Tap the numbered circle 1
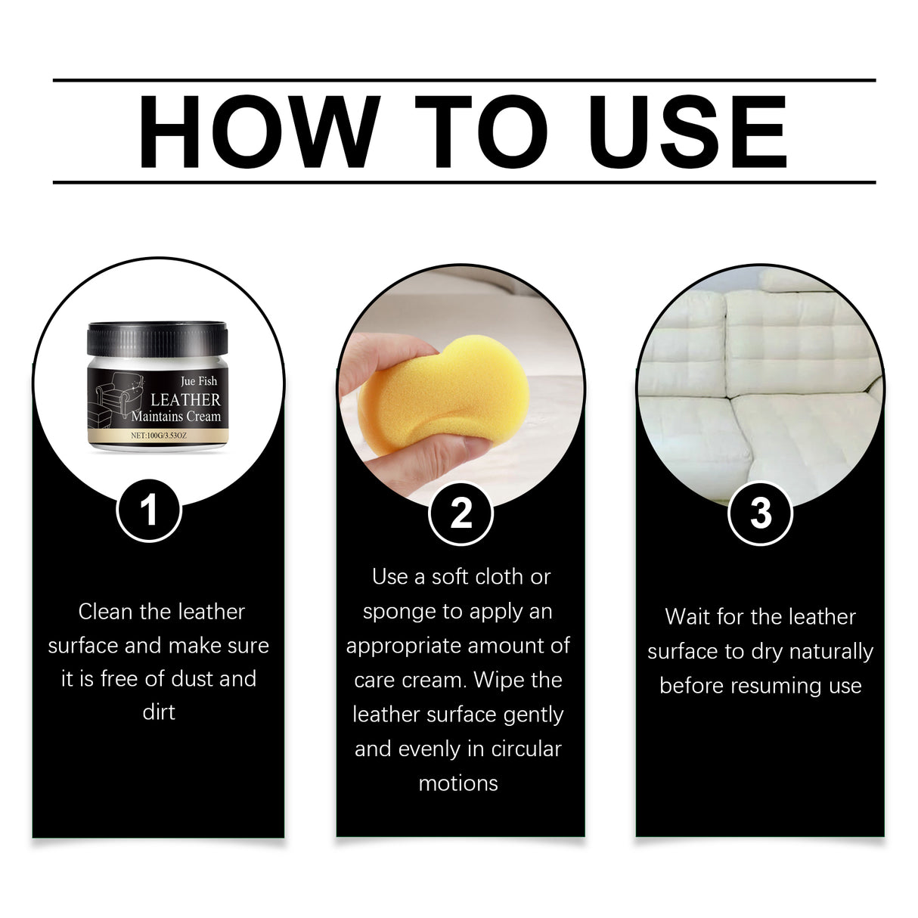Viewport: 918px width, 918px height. coord(149,510)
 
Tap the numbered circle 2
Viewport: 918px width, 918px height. coord(461,513)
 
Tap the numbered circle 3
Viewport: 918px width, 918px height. coord(760,513)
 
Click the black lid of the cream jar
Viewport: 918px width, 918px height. coord(157,339)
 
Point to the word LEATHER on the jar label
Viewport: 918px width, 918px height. coord(185,399)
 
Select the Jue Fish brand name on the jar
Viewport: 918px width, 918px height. coord(198,381)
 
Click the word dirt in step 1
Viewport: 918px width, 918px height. coord(159,712)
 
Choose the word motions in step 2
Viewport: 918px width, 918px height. coord(458,783)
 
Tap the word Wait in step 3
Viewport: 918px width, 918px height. coord(687,617)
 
